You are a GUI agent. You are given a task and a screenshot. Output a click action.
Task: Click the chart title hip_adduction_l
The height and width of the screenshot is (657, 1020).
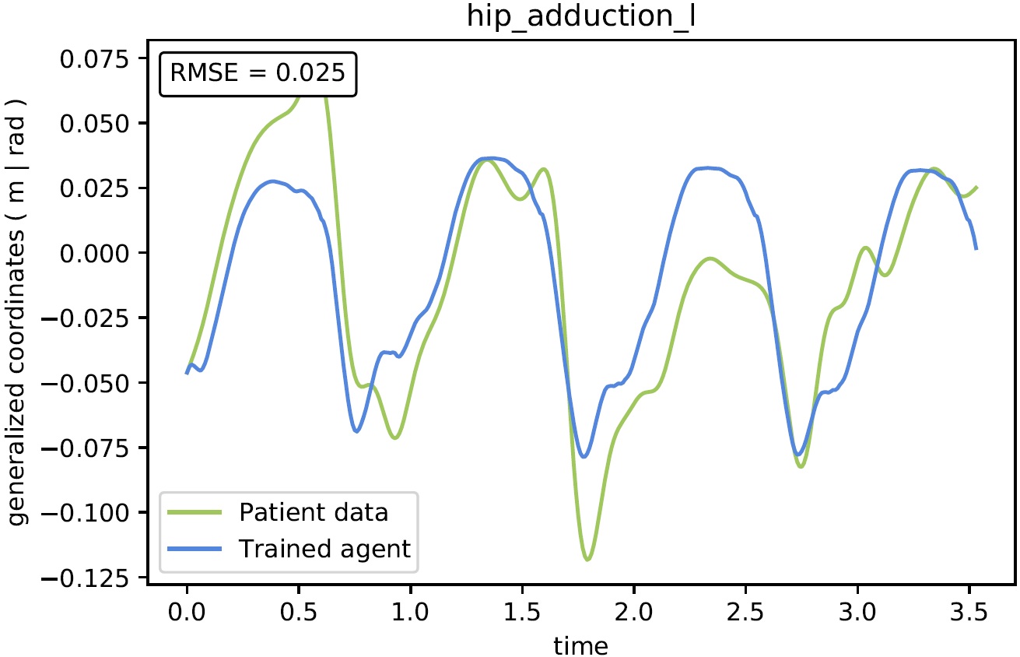click(580, 16)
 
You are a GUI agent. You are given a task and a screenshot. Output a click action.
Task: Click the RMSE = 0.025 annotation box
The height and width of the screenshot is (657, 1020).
click(258, 74)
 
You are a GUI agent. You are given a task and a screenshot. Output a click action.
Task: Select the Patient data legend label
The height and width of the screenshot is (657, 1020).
click(314, 512)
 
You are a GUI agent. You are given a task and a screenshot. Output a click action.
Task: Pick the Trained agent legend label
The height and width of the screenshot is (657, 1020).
click(324, 549)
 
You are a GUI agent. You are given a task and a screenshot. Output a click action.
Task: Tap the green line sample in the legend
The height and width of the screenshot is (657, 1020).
click(195, 512)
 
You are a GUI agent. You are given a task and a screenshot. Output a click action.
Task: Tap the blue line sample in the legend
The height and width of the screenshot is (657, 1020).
click(195, 549)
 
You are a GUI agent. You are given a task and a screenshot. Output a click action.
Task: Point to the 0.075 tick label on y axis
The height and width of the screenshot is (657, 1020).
click(94, 59)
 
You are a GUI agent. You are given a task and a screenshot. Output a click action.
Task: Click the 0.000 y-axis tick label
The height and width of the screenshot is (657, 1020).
click(94, 253)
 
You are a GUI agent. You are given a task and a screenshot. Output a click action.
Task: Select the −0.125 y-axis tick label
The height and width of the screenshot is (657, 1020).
click(85, 579)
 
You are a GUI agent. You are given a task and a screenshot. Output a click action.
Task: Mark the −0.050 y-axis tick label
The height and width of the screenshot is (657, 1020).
click(85, 384)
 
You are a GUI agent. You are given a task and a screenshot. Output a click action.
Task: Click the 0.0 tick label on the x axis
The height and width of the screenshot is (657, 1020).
click(187, 612)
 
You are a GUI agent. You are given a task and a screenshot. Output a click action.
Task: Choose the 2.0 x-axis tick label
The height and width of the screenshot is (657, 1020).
click(634, 612)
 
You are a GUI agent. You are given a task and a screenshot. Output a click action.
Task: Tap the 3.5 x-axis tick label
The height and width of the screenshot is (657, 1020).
click(969, 612)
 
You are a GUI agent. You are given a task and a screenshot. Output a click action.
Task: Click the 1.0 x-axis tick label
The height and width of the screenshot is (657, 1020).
click(410, 612)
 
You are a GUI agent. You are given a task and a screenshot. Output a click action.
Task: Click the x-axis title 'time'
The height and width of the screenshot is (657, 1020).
click(580, 645)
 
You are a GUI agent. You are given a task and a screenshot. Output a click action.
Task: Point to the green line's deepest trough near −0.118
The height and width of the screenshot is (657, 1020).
click(587, 559)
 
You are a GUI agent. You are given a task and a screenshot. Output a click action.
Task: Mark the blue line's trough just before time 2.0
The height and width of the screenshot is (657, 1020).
click(584, 456)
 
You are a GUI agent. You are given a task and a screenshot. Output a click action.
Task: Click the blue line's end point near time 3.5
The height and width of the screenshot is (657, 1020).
click(976, 249)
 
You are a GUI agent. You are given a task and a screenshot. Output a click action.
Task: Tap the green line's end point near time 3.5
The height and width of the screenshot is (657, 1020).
click(977, 188)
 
